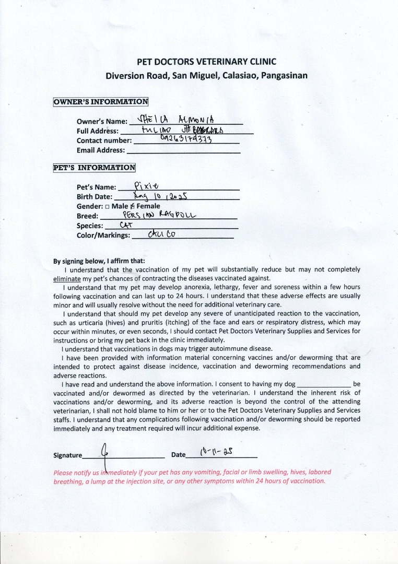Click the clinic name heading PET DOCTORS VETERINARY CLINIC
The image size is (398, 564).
(206, 62)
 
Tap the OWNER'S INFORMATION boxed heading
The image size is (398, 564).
(101, 102)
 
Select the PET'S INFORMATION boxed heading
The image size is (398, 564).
(95, 168)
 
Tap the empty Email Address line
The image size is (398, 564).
(183, 150)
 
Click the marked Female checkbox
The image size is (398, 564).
(133, 206)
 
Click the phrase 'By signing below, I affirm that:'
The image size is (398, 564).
(99, 261)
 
